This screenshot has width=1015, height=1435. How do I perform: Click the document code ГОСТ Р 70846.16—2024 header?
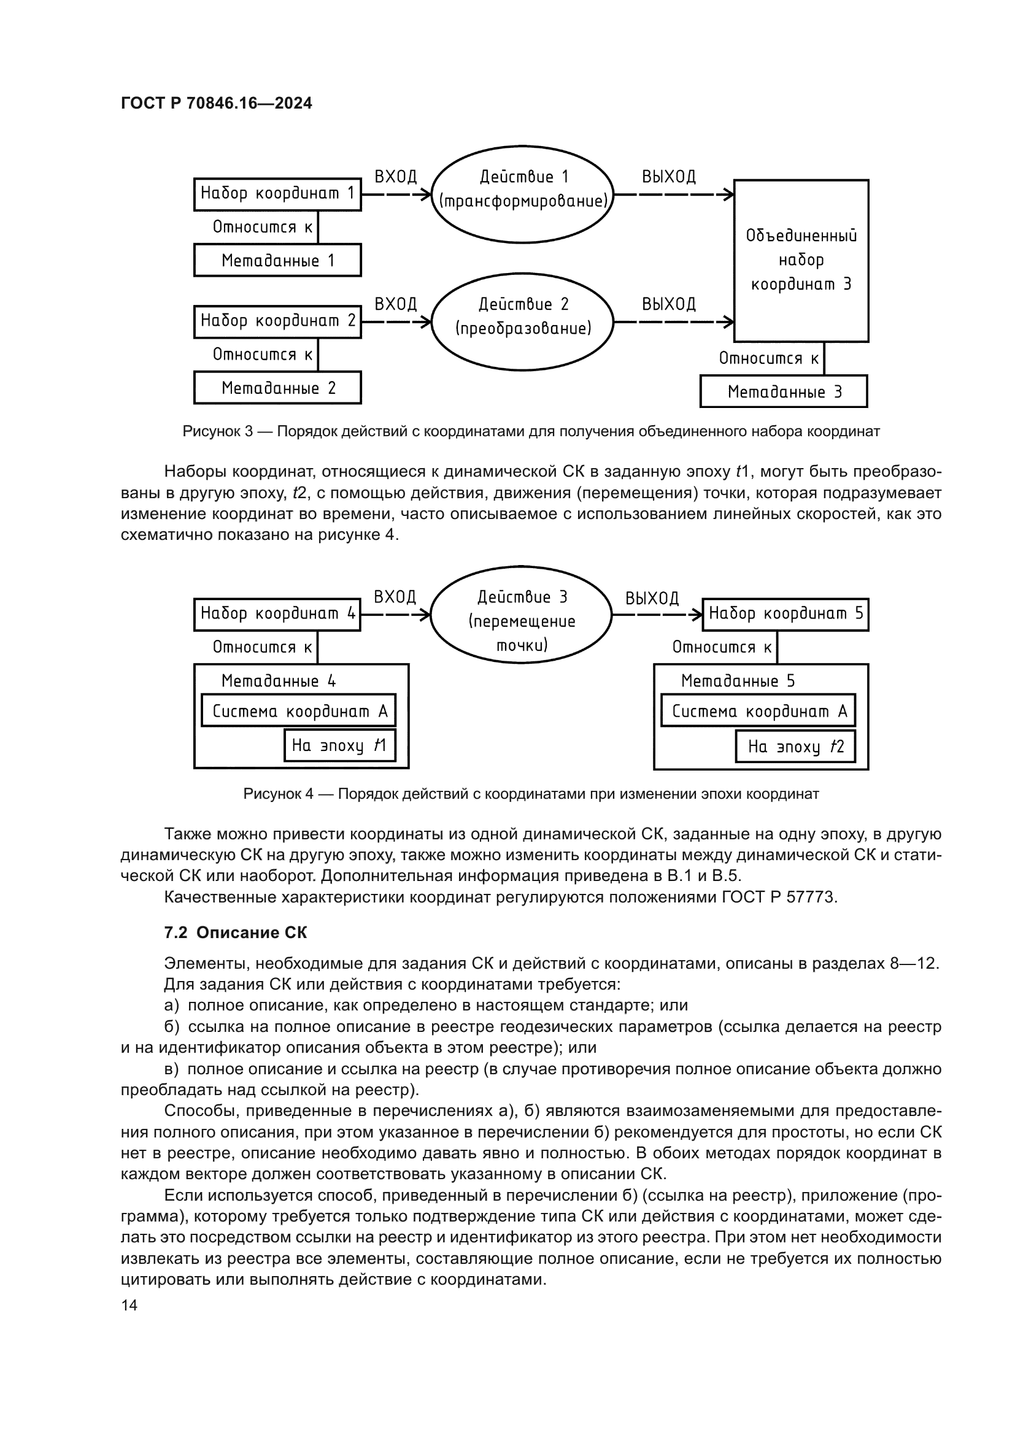click(216, 104)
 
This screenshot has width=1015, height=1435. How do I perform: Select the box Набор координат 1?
click(277, 194)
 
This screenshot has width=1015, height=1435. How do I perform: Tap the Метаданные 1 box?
click(277, 260)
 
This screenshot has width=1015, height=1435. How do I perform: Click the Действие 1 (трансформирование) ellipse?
click(522, 194)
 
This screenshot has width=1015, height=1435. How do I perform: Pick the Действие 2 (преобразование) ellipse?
click(522, 322)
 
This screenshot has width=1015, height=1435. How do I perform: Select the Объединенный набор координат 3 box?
click(801, 261)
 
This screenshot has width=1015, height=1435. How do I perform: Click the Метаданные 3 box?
click(783, 392)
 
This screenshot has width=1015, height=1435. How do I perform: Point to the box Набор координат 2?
click(277, 321)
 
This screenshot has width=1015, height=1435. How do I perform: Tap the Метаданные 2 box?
click(277, 388)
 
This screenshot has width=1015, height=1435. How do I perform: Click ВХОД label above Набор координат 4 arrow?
click(395, 597)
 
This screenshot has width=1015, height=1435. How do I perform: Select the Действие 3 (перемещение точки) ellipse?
click(521, 615)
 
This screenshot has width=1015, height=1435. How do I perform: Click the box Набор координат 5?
click(785, 614)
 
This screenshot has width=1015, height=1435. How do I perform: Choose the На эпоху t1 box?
click(339, 745)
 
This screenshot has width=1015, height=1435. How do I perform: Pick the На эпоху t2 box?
click(794, 746)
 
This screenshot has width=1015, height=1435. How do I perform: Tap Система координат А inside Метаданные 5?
click(758, 711)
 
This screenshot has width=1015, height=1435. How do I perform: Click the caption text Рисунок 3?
click(217, 431)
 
